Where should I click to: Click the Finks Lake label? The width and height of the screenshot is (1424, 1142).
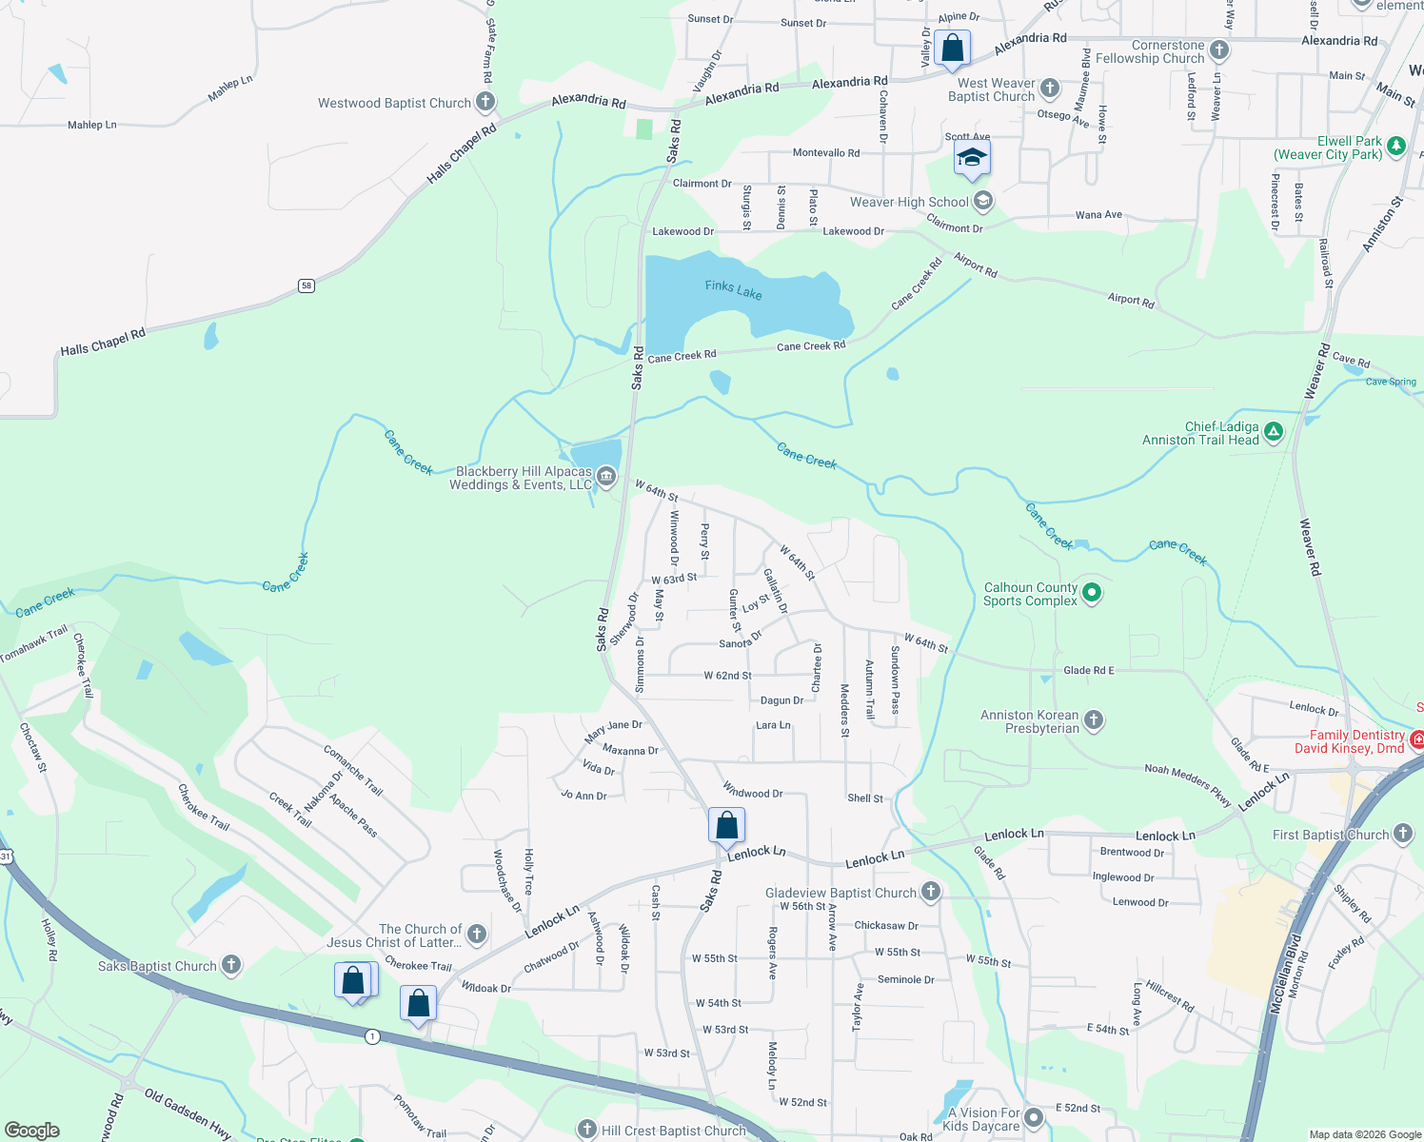[733, 289]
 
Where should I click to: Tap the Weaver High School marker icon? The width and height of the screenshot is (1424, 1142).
[983, 201]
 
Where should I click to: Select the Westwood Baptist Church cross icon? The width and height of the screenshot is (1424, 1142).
[485, 102]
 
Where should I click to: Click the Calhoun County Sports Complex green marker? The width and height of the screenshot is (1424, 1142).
[1092, 593]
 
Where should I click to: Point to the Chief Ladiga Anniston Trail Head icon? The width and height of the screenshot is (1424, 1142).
[1274, 433]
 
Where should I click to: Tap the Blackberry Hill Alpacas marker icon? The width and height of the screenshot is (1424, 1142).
[606, 477]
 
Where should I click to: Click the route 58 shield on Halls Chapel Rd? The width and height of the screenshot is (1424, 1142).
[306, 285]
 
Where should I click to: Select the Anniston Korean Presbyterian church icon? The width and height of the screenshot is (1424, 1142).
[1094, 720]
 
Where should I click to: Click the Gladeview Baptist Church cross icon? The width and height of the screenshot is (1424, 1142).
[931, 892]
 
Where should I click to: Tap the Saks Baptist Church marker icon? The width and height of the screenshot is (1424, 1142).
[231, 965]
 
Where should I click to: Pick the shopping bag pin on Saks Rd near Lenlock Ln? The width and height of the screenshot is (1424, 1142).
[726, 825]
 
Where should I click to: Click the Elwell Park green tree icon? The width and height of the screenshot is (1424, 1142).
[1396, 146]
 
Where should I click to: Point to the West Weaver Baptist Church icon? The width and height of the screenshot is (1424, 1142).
[1050, 89]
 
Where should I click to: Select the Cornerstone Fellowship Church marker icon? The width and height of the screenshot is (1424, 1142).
[1219, 50]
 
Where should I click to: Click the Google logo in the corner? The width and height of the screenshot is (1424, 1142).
[32, 1130]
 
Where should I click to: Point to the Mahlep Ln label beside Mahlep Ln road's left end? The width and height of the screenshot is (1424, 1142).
[91, 125]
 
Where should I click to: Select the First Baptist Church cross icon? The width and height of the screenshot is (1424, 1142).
[1403, 834]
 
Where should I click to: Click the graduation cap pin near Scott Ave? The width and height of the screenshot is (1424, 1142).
[971, 157]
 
